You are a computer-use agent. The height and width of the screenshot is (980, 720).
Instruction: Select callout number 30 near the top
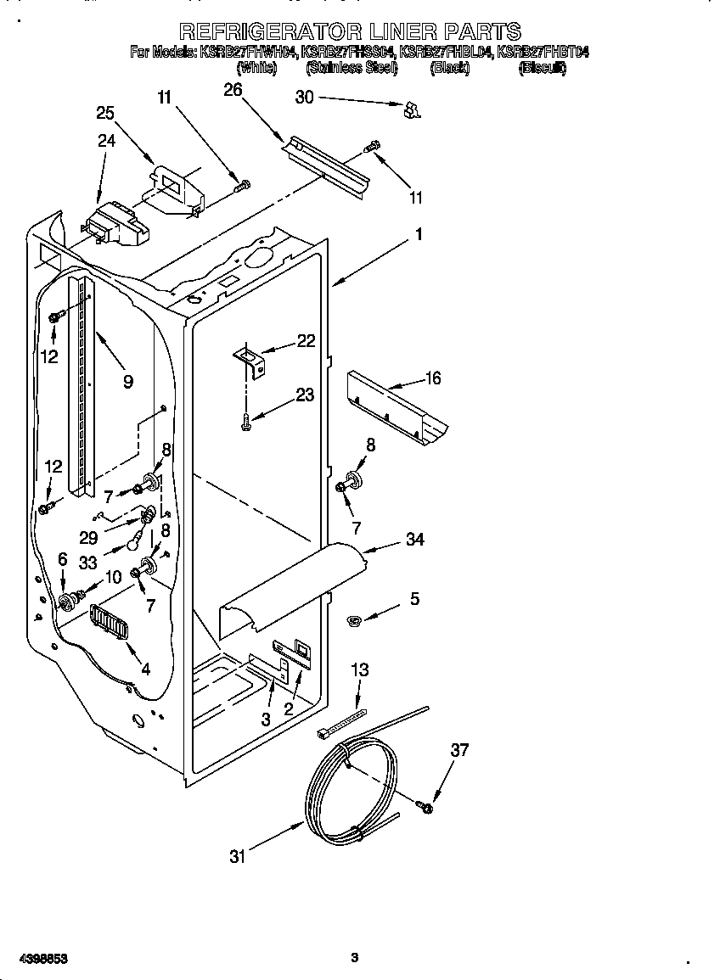(x=304, y=98)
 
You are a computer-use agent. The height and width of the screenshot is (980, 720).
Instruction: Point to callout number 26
(x=233, y=90)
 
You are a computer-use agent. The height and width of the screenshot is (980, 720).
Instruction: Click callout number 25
(x=105, y=113)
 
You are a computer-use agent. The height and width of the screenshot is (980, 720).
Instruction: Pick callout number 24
(x=105, y=141)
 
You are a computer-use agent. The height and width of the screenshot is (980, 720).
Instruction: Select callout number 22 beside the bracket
(x=306, y=341)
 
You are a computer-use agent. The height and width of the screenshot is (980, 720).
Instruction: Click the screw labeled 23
(x=245, y=417)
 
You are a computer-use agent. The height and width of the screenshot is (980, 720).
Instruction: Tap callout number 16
(x=433, y=378)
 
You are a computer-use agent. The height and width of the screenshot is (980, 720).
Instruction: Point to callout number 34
(x=414, y=539)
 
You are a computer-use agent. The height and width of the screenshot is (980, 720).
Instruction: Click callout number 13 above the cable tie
(x=359, y=670)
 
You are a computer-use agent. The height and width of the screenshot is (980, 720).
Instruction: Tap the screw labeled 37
(x=425, y=807)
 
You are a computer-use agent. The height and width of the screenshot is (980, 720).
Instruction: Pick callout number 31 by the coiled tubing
(x=238, y=856)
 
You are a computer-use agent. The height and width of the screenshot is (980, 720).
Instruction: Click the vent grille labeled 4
(x=108, y=628)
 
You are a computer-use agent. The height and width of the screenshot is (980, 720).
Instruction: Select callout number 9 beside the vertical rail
(x=127, y=382)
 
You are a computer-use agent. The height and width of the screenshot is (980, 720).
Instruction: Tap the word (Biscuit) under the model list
(x=542, y=68)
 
